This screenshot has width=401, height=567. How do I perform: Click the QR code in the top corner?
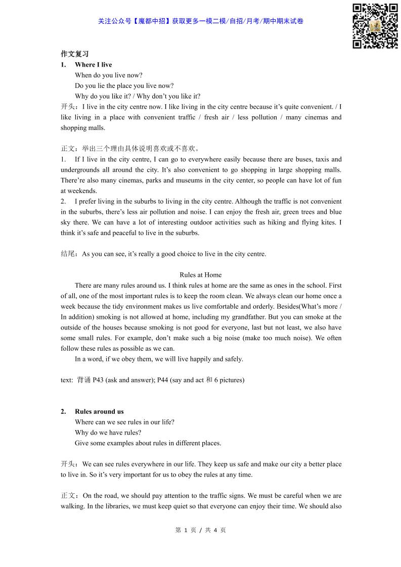[375, 26]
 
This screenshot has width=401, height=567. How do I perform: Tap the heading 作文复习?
[74, 54]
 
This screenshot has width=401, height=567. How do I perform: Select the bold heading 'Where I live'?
[93, 65]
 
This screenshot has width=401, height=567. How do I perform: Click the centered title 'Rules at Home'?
[200, 275]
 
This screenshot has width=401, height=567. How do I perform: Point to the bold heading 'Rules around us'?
[99, 411]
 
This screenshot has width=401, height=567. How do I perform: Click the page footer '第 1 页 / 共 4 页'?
[200, 530]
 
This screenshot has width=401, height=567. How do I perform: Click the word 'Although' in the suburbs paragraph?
[248, 201]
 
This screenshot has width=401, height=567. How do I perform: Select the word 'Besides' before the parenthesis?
[288, 306]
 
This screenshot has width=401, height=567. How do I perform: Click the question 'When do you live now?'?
[109, 75]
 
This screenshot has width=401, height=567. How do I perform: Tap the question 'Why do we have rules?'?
[108, 433]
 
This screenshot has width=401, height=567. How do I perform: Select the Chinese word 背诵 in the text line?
[84, 380]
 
